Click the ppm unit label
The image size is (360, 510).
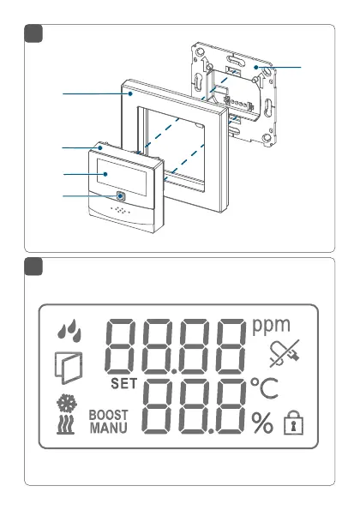(x=271, y=326)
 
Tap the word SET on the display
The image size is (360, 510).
(x=124, y=384)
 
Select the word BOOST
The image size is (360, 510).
(x=108, y=415)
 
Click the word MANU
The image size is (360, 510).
(x=108, y=428)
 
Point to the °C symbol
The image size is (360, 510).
(x=264, y=388)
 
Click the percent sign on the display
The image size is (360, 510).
(x=262, y=423)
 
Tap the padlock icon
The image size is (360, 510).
(x=293, y=423)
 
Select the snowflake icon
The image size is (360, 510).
(x=67, y=403)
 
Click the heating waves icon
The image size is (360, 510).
(x=66, y=424)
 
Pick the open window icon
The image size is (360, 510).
(x=69, y=368)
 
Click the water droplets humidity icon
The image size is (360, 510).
(x=69, y=331)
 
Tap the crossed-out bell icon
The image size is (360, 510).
(x=285, y=353)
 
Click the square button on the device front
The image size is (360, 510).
(x=121, y=196)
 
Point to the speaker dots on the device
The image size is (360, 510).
(x=120, y=211)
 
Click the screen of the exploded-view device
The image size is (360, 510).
(x=122, y=177)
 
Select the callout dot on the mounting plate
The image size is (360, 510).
(x=256, y=68)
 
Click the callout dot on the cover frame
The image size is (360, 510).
(x=130, y=93)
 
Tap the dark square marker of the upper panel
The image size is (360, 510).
(x=33, y=33)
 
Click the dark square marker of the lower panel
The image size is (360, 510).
(x=33, y=267)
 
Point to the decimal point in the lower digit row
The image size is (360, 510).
(x=211, y=432)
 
